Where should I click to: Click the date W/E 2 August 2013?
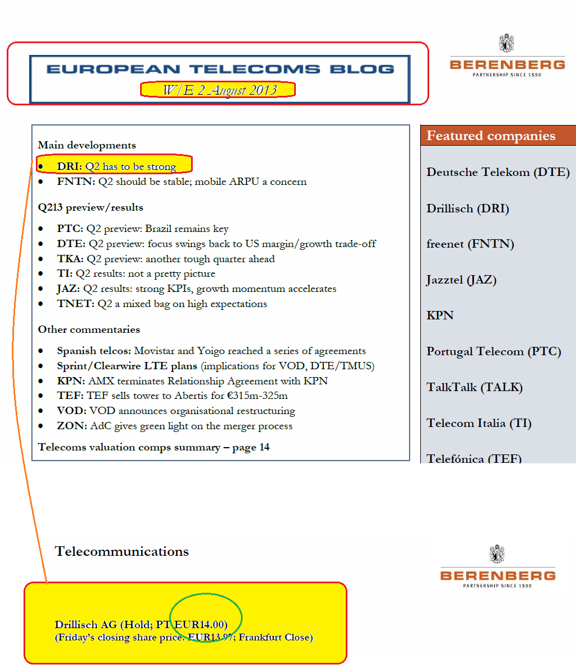point(218,90)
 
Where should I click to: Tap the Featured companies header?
point(491,136)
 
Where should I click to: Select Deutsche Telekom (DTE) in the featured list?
point(498,172)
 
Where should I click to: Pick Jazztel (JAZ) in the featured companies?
point(461,280)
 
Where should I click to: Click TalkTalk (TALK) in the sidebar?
point(474,387)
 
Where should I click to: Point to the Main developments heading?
point(87,145)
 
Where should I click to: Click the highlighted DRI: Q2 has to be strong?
point(116,166)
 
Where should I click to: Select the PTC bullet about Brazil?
point(142,229)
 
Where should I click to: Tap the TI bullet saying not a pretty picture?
point(136,273)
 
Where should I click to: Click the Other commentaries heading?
point(89,329)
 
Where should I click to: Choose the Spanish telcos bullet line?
point(211,351)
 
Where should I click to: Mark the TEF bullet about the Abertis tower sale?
point(172,396)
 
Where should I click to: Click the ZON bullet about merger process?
point(174,426)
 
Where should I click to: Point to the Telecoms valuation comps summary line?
point(154,447)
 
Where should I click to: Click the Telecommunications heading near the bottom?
point(122,551)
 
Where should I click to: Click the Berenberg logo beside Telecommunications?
point(498,568)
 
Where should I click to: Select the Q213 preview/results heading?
point(91,207)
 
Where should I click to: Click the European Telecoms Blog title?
point(220,69)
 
